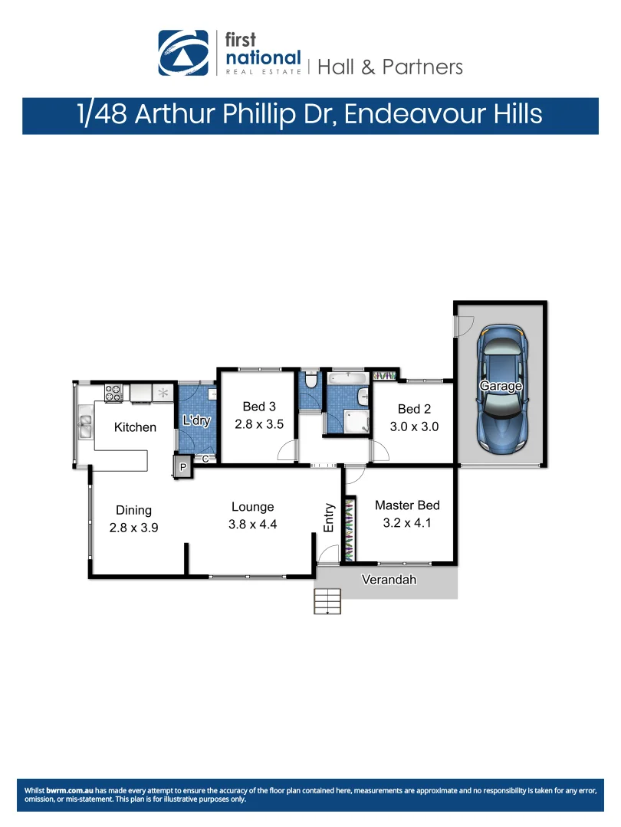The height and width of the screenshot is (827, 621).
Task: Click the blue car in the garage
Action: tap(501, 388)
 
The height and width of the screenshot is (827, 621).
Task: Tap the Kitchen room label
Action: tap(135, 427)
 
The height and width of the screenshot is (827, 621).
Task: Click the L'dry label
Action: tap(195, 420)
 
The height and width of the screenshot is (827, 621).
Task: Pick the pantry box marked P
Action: tap(183, 467)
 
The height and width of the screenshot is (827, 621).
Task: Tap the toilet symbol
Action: tap(310, 381)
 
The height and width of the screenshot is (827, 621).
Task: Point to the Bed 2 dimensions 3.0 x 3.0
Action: tap(414, 427)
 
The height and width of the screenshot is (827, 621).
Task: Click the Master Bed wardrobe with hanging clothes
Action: tap(350, 529)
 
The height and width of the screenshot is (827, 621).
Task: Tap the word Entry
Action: tap(329, 518)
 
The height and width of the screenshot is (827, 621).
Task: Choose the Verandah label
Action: tap(389, 580)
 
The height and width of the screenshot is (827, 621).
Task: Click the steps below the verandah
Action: tap(327, 601)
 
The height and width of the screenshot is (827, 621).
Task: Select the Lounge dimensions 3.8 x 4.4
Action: tap(252, 525)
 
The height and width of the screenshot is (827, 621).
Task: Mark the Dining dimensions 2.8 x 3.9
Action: tap(133, 528)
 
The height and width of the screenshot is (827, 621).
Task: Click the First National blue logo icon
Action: tap(182, 53)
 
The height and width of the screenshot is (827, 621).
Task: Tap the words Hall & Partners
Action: tap(389, 67)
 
